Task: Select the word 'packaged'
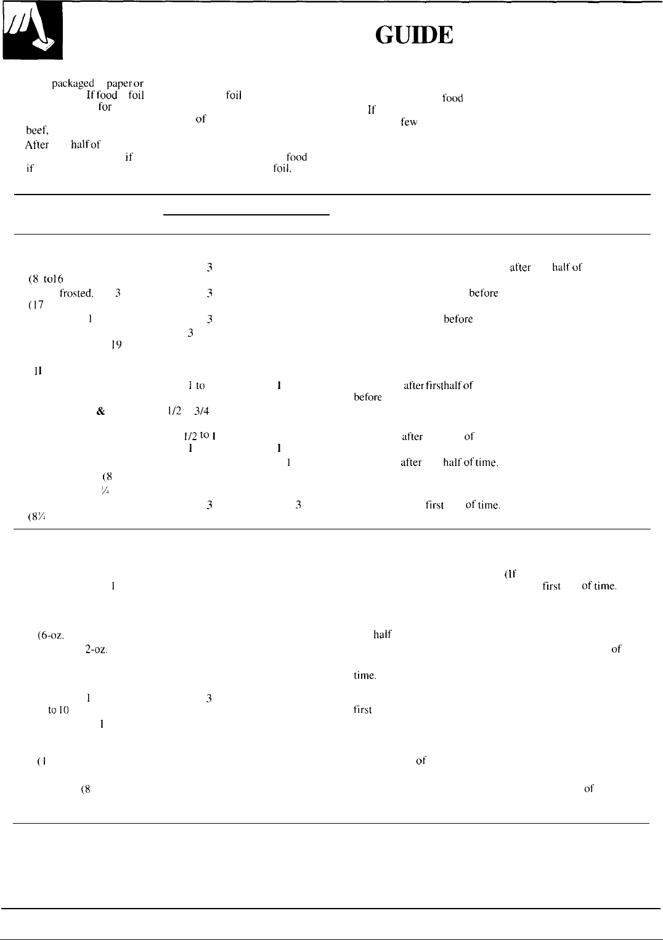pyautogui.click(x=73, y=83)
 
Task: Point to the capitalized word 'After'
pyautogui.click(x=37, y=145)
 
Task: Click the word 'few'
pyautogui.click(x=409, y=122)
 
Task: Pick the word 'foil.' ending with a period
pyautogui.click(x=282, y=168)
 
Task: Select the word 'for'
pyautogui.click(x=105, y=107)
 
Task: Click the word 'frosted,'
pyautogui.click(x=76, y=294)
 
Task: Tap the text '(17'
pyautogui.click(x=36, y=305)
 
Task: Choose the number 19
pyautogui.click(x=116, y=345)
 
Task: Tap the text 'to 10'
pyautogui.click(x=58, y=710)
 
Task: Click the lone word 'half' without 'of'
pyautogui.click(x=383, y=635)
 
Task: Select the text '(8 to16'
pyautogui.click(x=47, y=278)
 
